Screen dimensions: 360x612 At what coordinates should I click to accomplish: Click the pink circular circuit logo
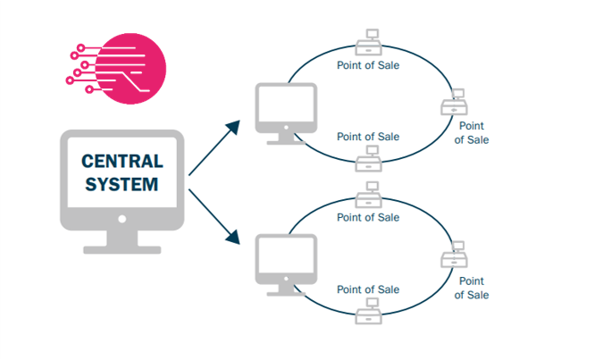(130, 67)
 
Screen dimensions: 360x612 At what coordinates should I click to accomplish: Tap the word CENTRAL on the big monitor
(122, 162)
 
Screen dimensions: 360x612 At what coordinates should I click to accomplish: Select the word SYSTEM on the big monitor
(122, 185)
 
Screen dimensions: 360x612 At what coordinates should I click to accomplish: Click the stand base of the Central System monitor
(122, 248)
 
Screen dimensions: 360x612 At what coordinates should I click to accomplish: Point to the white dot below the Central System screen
(122, 217)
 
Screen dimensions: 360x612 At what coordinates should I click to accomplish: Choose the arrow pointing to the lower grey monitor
(214, 214)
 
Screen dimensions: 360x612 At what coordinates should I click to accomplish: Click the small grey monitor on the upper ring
(286, 110)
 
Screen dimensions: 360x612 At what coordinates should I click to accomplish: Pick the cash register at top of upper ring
(367, 43)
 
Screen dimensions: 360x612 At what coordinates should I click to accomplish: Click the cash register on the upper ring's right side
(455, 105)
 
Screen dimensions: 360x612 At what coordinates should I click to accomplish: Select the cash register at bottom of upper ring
(367, 159)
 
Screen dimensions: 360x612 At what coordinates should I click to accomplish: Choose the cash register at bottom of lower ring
(367, 311)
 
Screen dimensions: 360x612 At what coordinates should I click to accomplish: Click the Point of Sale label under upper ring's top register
(367, 65)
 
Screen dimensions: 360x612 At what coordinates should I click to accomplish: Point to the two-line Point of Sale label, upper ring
(472, 133)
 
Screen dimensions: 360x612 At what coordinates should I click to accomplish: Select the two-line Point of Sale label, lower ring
(472, 288)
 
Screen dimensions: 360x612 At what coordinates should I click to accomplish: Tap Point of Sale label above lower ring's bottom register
(367, 289)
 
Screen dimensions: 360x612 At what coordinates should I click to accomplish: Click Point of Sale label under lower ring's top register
(367, 217)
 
